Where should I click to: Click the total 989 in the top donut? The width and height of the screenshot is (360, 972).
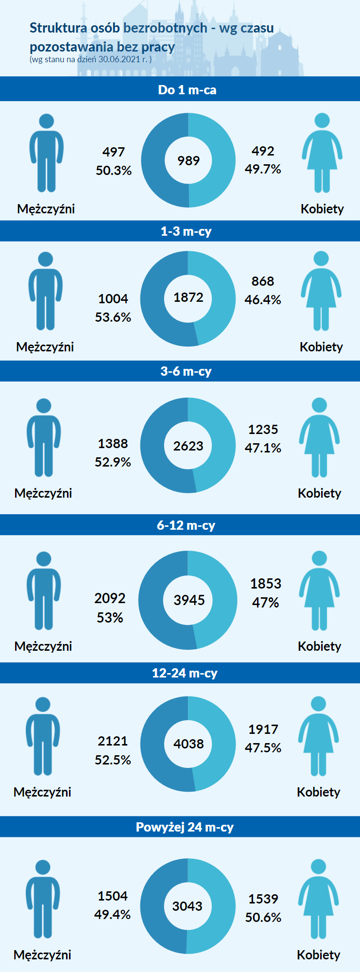[189, 160]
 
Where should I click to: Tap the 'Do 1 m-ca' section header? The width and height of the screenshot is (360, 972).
[187, 90]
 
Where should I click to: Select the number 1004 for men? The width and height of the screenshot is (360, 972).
[113, 298]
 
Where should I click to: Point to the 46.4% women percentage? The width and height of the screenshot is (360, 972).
[263, 300]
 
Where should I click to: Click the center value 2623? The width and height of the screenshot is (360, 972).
[189, 446]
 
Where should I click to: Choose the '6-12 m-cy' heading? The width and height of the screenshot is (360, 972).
[186, 525]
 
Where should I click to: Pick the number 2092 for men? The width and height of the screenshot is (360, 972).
[110, 598]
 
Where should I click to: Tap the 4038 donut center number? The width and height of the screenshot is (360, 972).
[189, 744]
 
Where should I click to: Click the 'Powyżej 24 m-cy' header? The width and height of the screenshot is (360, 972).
[185, 827]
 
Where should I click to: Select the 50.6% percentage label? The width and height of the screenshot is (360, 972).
[263, 918]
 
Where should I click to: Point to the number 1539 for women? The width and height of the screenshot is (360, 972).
[263, 899]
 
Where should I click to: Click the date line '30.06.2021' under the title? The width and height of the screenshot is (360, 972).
[119, 60]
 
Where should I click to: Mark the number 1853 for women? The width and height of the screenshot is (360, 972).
[266, 584]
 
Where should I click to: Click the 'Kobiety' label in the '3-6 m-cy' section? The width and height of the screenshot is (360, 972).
[319, 493]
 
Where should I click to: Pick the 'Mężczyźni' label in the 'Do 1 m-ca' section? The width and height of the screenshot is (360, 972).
[46, 209]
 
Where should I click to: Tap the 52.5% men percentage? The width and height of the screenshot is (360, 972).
[113, 760]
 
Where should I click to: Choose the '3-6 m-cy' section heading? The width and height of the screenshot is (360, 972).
[186, 371]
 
